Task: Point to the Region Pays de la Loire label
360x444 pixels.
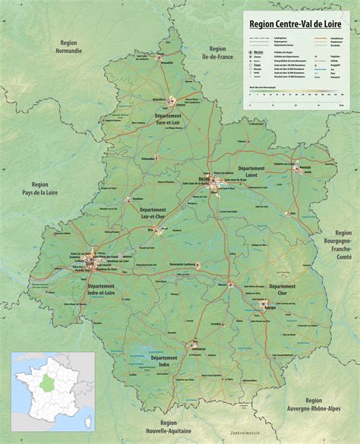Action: pyautogui.click(x=40, y=189)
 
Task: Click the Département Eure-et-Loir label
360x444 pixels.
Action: pyautogui.click(x=169, y=118)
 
